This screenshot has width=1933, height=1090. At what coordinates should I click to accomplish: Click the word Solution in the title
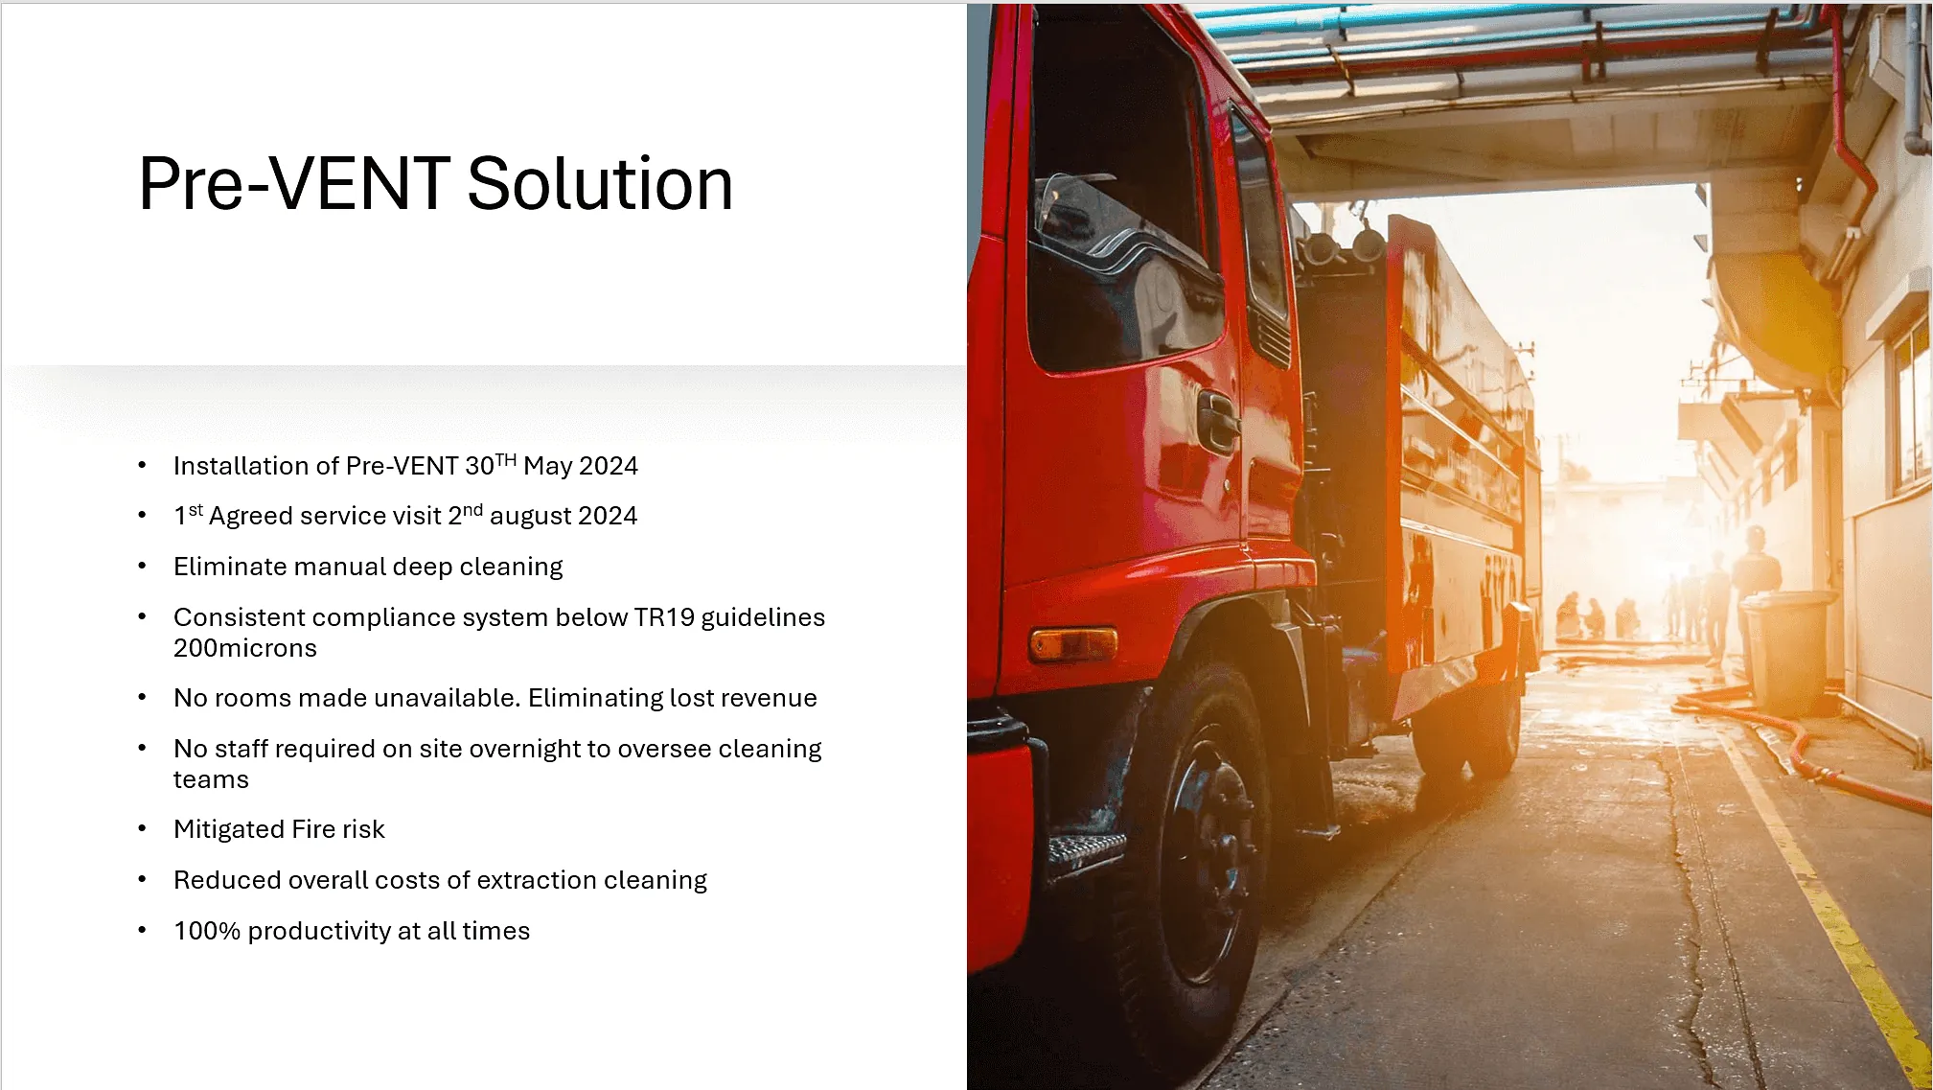pyautogui.click(x=600, y=183)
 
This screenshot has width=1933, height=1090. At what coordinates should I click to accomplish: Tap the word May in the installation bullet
pyautogui.click(x=548, y=467)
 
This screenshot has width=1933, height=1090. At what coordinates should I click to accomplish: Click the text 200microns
pyautogui.click(x=245, y=648)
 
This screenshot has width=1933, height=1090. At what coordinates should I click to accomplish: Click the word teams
pyautogui.click(x=211, y=780)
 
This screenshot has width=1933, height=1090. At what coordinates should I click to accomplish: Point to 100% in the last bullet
pyautogui.click(x=207, y=931)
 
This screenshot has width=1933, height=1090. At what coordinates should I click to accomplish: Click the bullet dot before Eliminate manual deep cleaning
pyautogui.click(x=142, y=567)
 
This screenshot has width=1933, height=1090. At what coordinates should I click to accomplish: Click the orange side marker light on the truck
pyautogui.click(x=1073, y=643)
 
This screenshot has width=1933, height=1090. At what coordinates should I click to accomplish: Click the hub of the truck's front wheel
pyautogui.click(x=1209, y=853)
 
